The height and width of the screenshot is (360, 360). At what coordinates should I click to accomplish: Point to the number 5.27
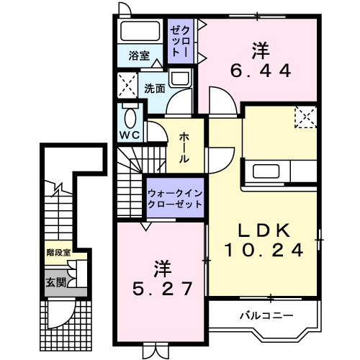pyautogui.click(x=163, y=289)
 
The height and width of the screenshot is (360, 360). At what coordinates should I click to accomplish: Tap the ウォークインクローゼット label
pyautogui.click(x=175, y=198)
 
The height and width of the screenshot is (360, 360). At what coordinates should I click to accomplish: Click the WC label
pyautogui.click(x=130, y=135)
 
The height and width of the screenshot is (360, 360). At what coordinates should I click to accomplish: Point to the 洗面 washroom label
pyautogui.click(x=154, y=89)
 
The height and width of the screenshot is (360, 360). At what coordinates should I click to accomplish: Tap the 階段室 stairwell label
pyautogui.click(x=58, y=253)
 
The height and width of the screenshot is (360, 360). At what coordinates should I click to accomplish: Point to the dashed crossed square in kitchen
pyautogui.click(x=305, y=116)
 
